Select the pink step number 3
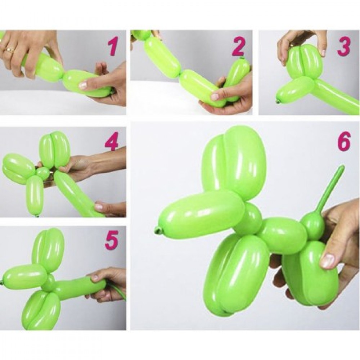click(x=344, y=46)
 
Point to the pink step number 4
click(x=111, y=141)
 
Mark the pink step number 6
click(x=344, y=141)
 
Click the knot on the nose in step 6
click(x=158, y=229)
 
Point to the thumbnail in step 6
click(x=327, y=261)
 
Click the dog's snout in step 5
click(x=25, y=275)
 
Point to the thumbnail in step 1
click(x=82, y=86)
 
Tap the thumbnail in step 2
click(x=214, y=96)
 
